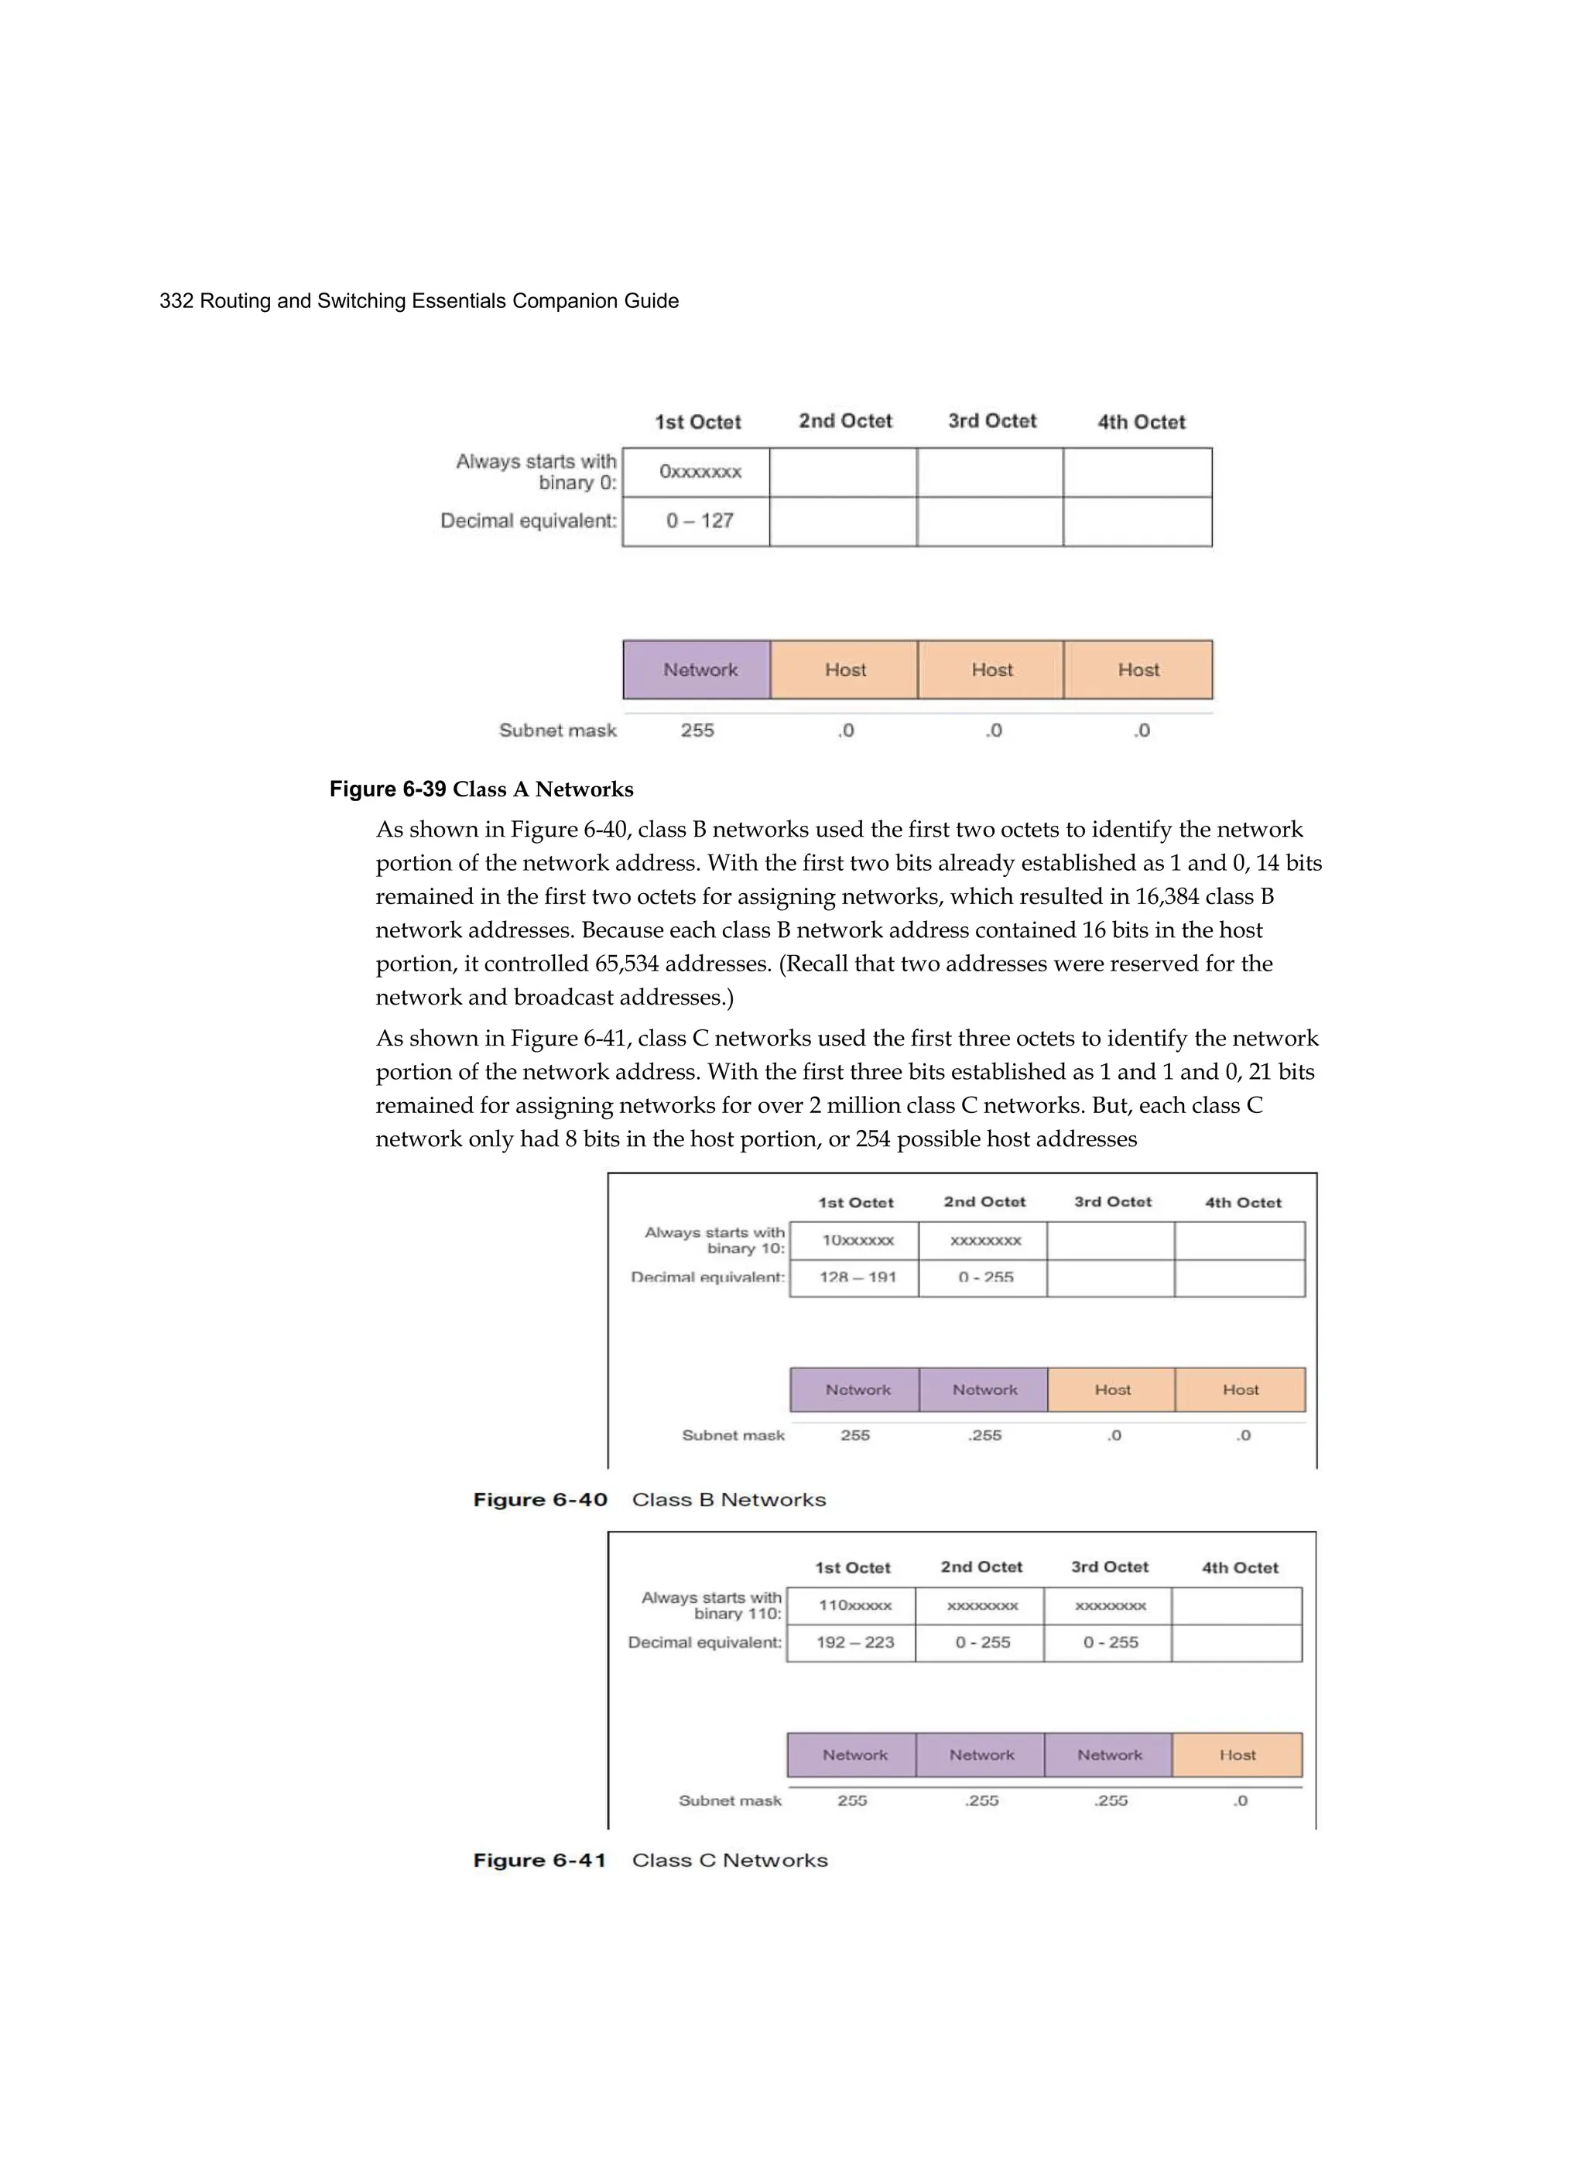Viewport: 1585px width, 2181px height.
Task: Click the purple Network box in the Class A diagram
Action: tap(699, 670)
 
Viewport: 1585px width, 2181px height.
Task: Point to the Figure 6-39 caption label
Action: tap(388, 789)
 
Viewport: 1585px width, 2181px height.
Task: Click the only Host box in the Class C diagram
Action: tap(1237, 1755)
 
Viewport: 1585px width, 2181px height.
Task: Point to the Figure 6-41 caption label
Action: tap(539, 1861)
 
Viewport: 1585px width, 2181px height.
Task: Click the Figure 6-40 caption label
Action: tap(539, 1500)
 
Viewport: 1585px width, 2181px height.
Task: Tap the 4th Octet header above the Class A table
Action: tap(1142, 422)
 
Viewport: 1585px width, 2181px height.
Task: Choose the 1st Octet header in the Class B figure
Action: tap(856, 1203)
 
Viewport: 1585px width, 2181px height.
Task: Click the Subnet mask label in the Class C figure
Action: tap(730, 1801)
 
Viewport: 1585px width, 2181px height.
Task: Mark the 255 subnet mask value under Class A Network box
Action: tap(697, 731)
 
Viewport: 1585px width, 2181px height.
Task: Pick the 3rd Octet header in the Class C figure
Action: tap(1110, 1567)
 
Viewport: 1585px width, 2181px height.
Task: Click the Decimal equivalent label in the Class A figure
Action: tap(528, 521)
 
